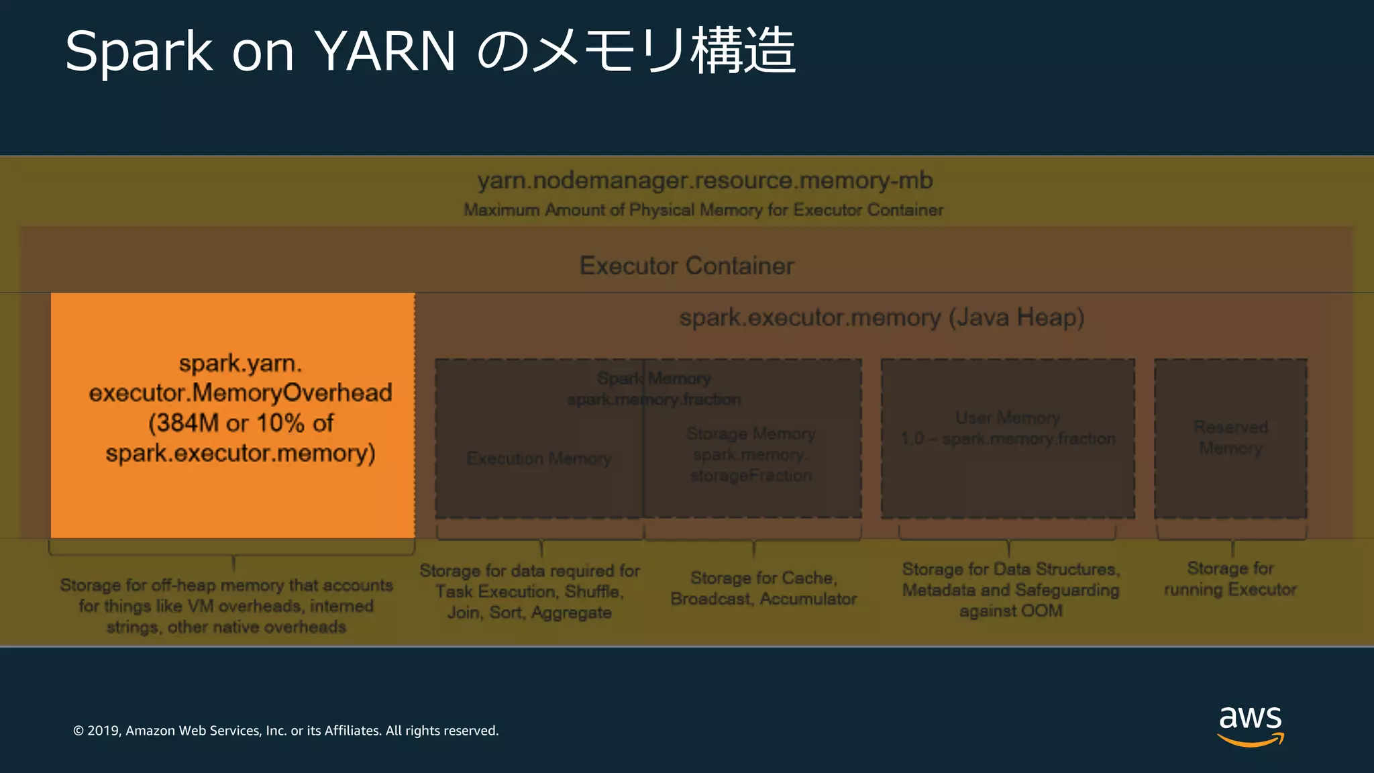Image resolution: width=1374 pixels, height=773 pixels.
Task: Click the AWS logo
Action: click(1250, 725)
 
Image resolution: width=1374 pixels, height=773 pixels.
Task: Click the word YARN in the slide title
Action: click(385, 51)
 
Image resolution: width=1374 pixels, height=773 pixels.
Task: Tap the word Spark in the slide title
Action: click(138, 51)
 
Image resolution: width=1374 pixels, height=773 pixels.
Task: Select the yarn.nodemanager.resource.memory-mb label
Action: click(704, 181)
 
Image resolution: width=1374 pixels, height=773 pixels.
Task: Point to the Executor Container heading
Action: click(686, 266)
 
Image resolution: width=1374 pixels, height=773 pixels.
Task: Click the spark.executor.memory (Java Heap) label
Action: click(882, 317)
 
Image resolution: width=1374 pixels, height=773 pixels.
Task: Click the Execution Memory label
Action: click(539, 458)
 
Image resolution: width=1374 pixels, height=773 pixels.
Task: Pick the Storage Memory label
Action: click(751, 434)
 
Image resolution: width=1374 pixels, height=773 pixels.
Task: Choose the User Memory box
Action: click(1008, 437)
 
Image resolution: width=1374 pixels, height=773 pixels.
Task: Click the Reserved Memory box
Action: click(1230, 437)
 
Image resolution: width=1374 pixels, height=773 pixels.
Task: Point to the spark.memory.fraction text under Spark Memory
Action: click(654, 400)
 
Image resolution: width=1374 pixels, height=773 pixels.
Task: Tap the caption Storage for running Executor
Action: click(1230, 579)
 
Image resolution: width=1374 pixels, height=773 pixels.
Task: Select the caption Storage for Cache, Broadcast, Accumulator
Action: click(763, 588)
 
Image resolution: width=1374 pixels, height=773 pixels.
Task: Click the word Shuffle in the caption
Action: click(594, 592)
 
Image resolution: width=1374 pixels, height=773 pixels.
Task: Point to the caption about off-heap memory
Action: click(226, 606)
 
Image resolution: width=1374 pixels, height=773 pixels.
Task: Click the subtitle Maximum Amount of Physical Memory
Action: click(703, 210)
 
